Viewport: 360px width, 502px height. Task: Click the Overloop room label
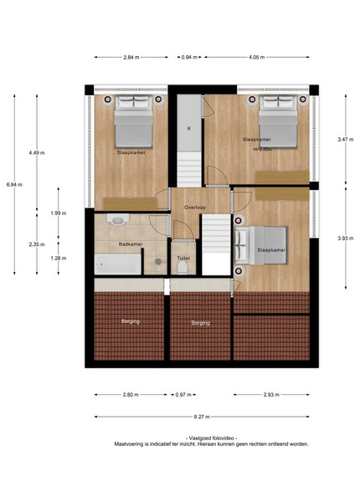(195, 207)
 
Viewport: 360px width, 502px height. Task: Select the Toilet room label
(183, 258)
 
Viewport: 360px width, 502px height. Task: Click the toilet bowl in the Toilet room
(183, 268)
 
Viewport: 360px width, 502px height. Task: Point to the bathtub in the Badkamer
(117, 264)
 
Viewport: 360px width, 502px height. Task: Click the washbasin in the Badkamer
(117, 220)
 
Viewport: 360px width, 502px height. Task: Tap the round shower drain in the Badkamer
(158, 262)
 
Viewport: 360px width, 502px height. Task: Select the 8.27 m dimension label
(202, 417)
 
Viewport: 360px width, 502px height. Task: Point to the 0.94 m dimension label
(189, 57)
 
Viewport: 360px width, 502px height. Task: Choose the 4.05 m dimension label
(256, 57)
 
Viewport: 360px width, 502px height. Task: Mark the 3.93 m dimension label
(346, 238)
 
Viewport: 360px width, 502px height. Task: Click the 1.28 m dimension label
(59, 258)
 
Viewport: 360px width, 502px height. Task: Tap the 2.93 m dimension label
(271, 395)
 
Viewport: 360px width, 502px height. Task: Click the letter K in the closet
(189, 128)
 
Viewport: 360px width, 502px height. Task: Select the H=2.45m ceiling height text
(263, 149)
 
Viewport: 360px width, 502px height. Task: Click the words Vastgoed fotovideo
(211, 438)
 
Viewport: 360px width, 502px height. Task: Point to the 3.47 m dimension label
(346, 139)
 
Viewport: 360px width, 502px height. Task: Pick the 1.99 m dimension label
(59, 213)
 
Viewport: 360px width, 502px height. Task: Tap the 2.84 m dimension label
(131, 57)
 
